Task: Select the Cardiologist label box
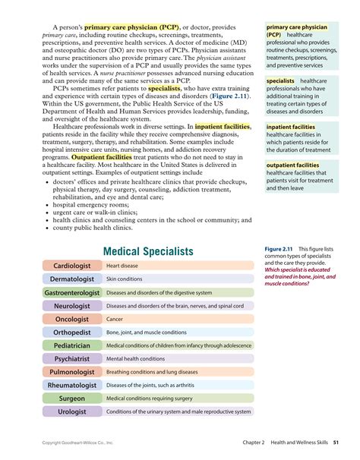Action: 72,266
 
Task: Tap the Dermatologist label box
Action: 72,279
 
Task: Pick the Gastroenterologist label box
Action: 72,293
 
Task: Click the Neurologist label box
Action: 72,306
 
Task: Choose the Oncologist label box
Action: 72,320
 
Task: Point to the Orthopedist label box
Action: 72,332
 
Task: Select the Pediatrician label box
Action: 72,345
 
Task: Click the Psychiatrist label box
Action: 72,359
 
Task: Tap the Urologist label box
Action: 72,412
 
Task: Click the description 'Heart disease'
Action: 122,266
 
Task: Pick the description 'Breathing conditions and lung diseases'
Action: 152,373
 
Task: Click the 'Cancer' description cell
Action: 115,320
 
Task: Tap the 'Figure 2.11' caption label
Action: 279,249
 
